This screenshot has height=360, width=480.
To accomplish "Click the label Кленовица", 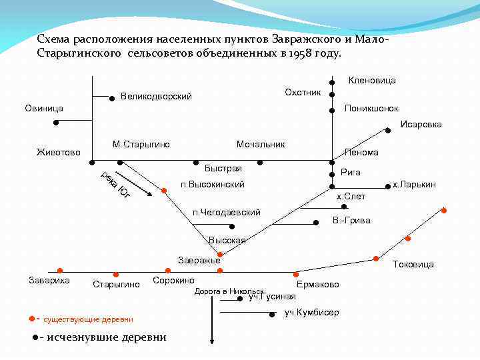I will click(372, 81).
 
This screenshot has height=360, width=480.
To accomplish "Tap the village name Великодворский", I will click(156, 97).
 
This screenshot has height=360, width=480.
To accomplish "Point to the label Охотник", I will click(303, 91).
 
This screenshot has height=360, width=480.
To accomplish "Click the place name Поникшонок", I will click(371, 108).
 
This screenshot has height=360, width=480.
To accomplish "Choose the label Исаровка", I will click(421, 124).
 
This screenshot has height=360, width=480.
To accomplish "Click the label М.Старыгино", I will click(141, 144).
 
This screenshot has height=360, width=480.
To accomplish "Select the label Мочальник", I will click(261, 144).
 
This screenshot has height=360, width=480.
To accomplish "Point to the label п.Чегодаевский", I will click(226, 213).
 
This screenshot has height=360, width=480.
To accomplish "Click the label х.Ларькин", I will click(414, 184).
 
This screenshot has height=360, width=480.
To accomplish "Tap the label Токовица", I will click(414, 264).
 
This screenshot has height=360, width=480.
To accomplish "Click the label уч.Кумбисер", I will click(311, 313).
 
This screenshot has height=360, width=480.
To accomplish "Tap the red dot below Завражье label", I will click(220, 270).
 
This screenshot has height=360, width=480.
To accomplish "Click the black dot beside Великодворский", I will click(112, 98).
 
